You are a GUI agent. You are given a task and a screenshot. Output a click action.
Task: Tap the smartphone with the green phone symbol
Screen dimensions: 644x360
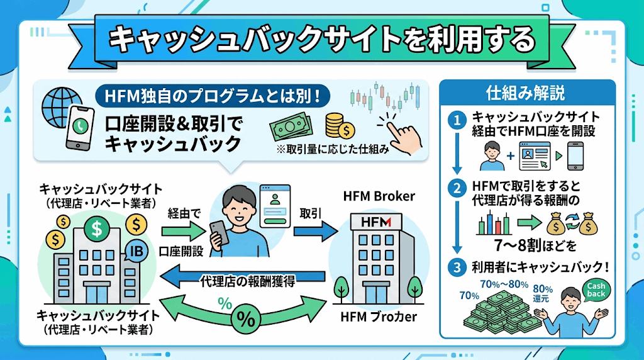pos(80,128)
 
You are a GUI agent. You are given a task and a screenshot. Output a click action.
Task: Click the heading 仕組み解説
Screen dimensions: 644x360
pos(526,93)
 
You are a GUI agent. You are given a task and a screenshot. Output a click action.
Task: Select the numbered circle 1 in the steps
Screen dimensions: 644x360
pos(457,120)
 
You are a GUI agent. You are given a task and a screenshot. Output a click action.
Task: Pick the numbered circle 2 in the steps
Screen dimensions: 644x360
pos(457,189)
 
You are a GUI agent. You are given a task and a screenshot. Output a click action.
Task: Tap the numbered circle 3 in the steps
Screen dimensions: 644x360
pos(457,267)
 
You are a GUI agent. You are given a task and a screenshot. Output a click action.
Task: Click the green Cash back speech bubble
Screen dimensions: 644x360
pos(596,290)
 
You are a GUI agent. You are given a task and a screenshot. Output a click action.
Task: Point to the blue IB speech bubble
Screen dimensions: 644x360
pos(136,250)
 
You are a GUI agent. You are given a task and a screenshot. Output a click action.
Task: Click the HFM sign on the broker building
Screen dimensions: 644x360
pos(376,222)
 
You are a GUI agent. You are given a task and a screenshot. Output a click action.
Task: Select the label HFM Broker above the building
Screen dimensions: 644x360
pos(379,196)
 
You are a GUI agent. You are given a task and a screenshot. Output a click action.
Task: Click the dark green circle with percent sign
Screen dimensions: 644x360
pos(246,319)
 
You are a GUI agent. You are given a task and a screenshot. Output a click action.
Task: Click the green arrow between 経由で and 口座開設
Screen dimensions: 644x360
pos(182,232)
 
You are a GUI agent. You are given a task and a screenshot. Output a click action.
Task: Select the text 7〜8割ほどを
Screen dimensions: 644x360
pos(535,245)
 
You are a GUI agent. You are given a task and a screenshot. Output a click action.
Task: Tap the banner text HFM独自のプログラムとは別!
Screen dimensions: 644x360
pos(213,96)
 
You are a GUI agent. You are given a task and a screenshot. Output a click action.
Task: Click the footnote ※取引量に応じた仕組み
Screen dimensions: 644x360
pos(333,149)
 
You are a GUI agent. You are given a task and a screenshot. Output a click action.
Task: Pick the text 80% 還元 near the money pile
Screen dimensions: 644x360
pos(543,294)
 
